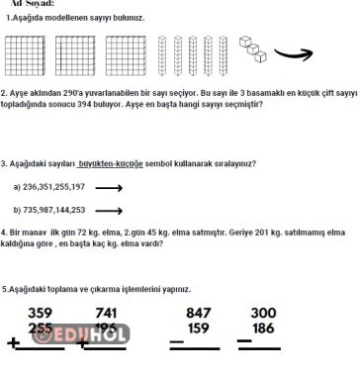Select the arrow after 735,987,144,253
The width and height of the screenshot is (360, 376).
pyautogui.click(x=110, y=210)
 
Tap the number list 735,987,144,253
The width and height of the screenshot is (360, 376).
pyautogui.click(x=61, y=210)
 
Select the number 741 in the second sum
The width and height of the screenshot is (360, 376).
pyautogui.click(x=107, y=313)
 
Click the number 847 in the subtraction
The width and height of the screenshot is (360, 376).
pyautogui.click(x=199, y=313)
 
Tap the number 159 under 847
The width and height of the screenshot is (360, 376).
pyautogui.click(x=199, y=328)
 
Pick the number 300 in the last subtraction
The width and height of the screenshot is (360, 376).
pyautogui.click(x=264, y=313)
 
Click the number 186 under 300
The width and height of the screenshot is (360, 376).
pyautogui.click(x=264, y=328)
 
